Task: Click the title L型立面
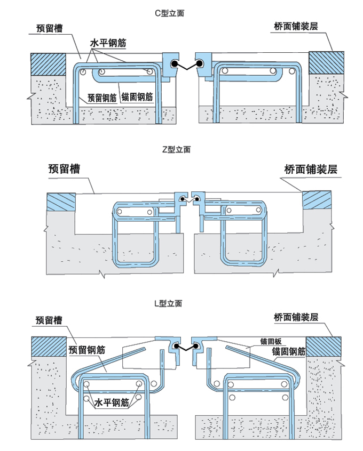click(x=168, y=303)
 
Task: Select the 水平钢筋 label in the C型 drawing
click(x=108, y=43)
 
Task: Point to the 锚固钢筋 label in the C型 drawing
click(x=137, y=97)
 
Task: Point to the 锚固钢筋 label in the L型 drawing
click(x=288, y=351)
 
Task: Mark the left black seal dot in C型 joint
click(x=175, y=64)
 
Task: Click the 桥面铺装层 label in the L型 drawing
click(x=296, y=317)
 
